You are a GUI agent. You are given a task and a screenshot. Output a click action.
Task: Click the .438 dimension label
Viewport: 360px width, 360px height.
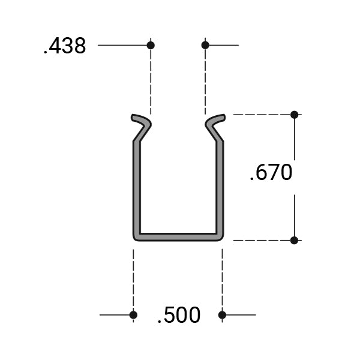[65, 46]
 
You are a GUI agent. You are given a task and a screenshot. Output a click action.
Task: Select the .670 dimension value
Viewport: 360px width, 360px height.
[271, 173]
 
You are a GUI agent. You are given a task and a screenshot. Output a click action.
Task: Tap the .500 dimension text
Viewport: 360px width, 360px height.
[179, 316]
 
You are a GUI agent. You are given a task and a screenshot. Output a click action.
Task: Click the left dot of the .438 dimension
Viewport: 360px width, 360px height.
[151, 45]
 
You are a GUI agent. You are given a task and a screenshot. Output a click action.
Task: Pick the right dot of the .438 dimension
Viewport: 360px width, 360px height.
[205, 45]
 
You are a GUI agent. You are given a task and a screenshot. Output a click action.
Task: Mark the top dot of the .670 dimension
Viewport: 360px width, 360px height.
[294, 114]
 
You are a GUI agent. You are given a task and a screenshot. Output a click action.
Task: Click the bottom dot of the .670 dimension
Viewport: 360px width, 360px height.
[294, 240]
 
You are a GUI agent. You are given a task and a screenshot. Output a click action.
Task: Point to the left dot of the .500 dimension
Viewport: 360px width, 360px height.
[133, 314]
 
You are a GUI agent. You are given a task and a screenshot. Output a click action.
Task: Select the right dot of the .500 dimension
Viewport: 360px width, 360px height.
[222, 314]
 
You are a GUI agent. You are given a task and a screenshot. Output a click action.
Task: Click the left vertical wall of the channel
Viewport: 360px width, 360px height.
[137, 186]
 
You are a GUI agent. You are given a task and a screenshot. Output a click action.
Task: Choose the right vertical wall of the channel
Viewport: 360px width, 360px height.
[220, 186]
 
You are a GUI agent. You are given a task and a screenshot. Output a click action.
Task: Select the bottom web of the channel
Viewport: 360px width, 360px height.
[178, 237]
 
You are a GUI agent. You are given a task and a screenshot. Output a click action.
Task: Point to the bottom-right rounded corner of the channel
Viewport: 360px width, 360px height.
[220, 237]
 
